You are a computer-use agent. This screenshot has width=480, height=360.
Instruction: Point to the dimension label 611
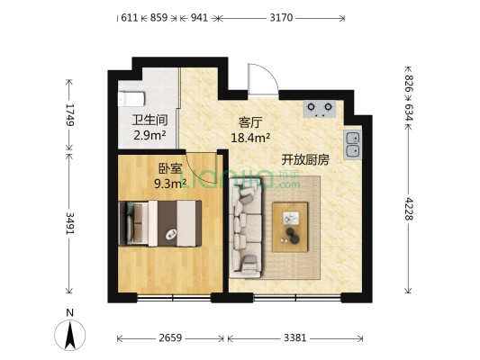[x=129, y=17]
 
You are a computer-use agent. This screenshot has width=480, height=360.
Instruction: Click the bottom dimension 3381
[x=294, y=338]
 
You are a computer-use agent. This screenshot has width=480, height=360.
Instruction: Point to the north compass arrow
[x=70, y=334]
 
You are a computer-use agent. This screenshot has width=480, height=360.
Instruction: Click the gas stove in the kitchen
[x=319, y=109]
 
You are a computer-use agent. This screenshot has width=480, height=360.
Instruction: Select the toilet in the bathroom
[x=131, y=94]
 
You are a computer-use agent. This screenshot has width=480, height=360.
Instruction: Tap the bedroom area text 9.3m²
[x=170, y=183]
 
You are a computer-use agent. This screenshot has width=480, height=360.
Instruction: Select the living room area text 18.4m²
[x=251, y=138]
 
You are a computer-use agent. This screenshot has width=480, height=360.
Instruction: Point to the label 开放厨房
[x=305, y=159]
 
